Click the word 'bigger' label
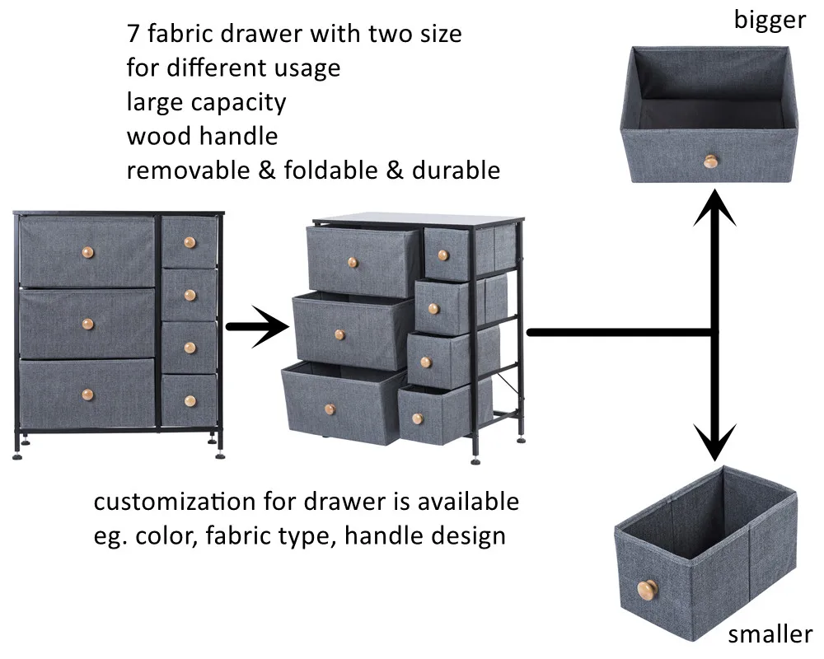(x=770, y=19)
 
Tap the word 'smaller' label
(x=770, y=634)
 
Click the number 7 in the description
(x=133, y=34)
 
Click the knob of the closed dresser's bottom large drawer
(x=87, y=393)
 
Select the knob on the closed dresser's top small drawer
(x=190, y=242)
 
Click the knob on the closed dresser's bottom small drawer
(x=190, y=401)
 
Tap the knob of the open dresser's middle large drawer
(x=339, y=334)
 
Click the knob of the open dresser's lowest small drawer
(x=418, y=418)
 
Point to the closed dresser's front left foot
(x=18, y=451)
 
